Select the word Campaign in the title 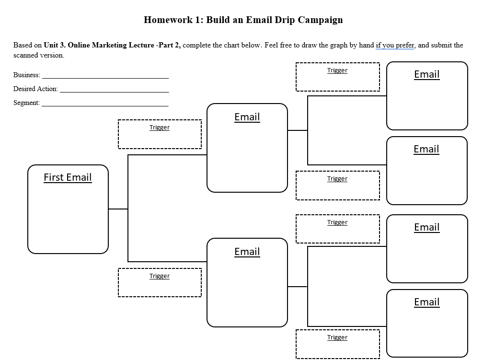320,20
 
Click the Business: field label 27,75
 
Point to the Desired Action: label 35,89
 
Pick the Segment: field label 26,103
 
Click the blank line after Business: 105,77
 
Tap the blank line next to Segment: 105,105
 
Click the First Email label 68,177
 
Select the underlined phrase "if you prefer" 395,46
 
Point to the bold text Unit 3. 54,46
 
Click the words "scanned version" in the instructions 38,55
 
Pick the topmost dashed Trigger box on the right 337,77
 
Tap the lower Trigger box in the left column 160,282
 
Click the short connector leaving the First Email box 118,209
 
